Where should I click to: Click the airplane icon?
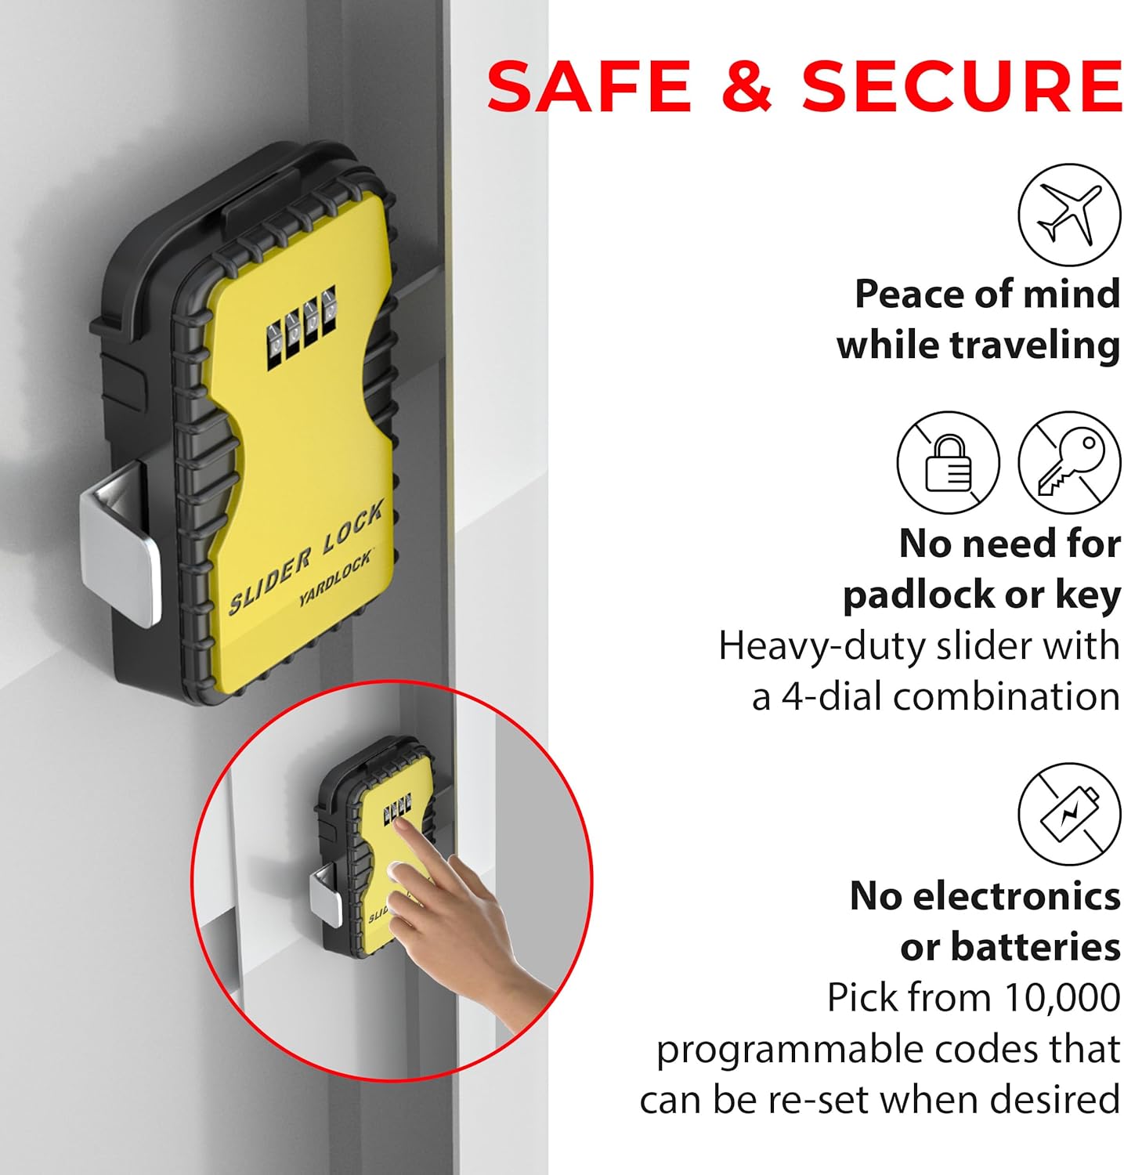tap(1069, 215)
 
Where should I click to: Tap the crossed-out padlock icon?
tap(948, 463)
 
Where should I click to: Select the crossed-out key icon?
tap(1069, 463)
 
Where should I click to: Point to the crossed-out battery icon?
tap(1069, 815)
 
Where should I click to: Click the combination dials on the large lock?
tap(302, 327)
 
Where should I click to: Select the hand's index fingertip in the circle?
tap(400, 824)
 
